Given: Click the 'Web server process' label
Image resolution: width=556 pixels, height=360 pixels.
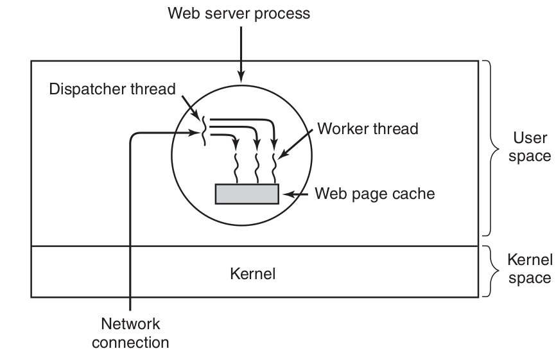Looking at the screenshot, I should coord(239,13).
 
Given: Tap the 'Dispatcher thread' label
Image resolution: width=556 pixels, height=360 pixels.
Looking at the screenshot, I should coord(112,89).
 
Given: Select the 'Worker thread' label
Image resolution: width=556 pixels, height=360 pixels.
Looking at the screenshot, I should coord(367,128).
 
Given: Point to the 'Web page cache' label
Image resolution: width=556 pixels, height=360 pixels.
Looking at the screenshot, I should coord(374,193).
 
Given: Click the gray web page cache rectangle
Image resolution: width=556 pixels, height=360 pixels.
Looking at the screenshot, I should coord(247,194).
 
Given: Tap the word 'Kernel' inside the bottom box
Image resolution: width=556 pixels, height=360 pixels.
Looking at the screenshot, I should coord(252,274).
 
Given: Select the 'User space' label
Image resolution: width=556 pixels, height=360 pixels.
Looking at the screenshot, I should coord(530,147).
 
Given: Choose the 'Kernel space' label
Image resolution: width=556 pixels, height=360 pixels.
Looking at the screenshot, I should coord(529,269).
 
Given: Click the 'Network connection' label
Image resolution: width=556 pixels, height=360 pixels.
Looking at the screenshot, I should coord(130,332).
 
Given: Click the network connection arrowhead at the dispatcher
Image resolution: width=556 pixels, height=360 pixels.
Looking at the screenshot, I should coord(196,133).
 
